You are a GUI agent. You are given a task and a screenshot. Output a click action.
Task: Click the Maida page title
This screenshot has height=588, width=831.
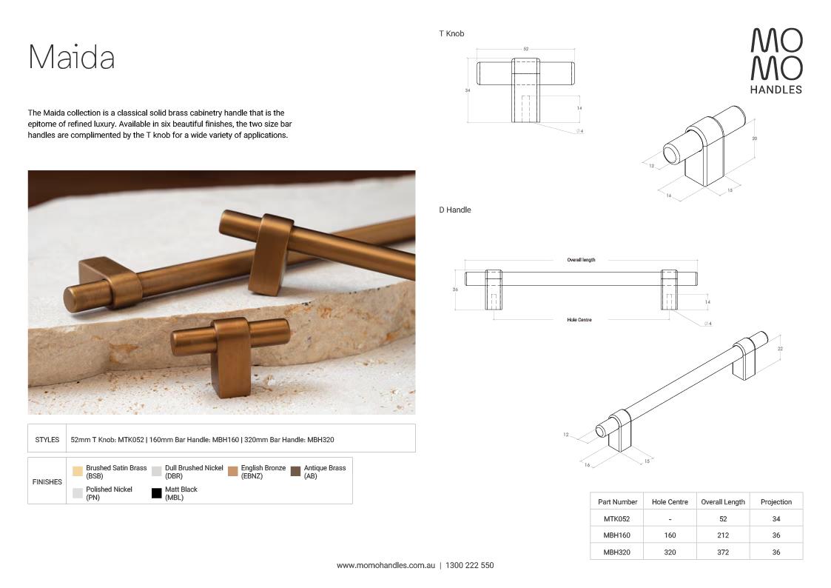(x=71, y=57)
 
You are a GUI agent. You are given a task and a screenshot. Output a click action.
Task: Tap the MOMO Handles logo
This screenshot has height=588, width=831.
(x=776, y=61)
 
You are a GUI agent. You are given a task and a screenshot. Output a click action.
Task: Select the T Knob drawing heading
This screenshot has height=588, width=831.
(x=451, y=34)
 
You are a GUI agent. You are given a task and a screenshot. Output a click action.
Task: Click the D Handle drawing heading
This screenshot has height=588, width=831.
(x=454, y=210)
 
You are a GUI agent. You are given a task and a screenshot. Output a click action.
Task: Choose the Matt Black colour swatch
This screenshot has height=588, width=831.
(x=156, y=493)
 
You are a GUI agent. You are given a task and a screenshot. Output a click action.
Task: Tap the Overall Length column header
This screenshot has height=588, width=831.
(x=723, y=502)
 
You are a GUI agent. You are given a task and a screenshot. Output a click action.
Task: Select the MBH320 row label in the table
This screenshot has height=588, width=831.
(x=616, y=552)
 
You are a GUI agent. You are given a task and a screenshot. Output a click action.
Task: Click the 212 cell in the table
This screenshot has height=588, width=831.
(x=723, y=535)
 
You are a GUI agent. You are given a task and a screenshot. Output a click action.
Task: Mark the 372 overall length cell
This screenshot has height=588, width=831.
(x=723, y=552)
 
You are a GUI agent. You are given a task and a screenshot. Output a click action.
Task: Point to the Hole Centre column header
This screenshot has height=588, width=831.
(x=670, y=502)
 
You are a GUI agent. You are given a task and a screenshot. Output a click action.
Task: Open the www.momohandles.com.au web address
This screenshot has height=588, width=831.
(x=385, y=566)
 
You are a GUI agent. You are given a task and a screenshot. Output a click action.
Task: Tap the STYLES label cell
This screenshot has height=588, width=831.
(x=47, y=440)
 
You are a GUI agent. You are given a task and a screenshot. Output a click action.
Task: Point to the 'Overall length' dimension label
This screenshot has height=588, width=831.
(x=581, y=260)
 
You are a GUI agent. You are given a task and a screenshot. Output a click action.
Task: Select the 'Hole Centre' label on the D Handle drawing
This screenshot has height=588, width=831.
(x=579, y=320)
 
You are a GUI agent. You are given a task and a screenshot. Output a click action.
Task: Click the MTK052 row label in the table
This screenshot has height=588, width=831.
(x=616, y=519)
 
